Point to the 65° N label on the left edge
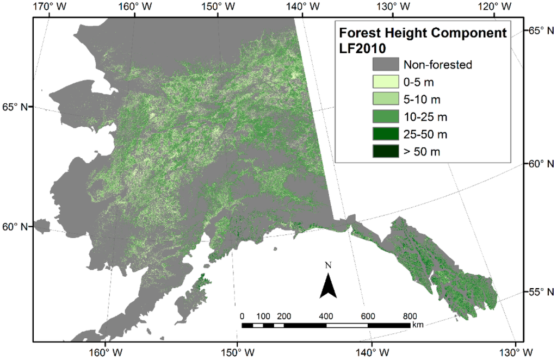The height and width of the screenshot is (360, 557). click(15, 106)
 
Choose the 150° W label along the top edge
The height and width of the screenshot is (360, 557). click(216, 7)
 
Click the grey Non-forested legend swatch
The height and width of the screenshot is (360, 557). click(385, 65)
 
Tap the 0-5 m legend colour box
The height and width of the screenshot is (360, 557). click(385, 82)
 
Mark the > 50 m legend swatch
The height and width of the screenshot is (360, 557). click(385, 151)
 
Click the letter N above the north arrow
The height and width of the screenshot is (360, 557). click(327, 265)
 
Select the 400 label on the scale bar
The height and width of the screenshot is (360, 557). click(326, 316)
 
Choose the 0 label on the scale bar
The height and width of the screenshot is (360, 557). click(242, 316)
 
